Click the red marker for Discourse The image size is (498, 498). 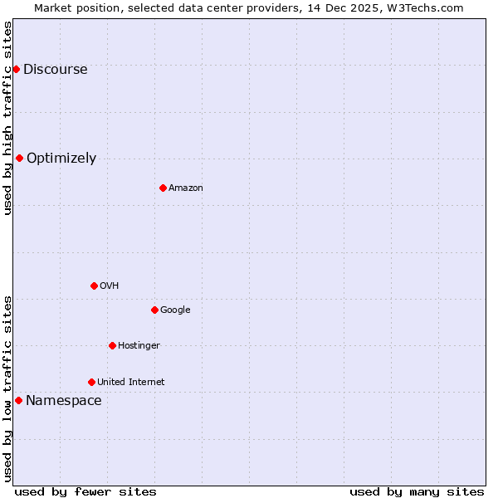(16, 69)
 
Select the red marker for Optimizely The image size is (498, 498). (19, 158)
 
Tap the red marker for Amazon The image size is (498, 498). (163, 188)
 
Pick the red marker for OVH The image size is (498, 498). (94, 286)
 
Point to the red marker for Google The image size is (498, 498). (154, 310)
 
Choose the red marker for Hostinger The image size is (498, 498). (112, 345)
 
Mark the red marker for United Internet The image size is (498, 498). (91, 382)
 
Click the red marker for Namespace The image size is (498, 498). (18, 400)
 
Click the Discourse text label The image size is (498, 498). (56, 69)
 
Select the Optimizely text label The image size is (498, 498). (61, 158)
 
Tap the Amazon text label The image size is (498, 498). (186, 188)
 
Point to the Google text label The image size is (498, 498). (175, 310)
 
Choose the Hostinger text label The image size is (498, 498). (139, 345)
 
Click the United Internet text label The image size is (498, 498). (130, 382)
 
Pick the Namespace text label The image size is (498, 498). (64, 400)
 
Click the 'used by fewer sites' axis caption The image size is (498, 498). (85, 491)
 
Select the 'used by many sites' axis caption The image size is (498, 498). (417, 491)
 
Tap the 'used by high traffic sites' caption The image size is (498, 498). (7, 118)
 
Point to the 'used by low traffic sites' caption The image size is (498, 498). (7, 388)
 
